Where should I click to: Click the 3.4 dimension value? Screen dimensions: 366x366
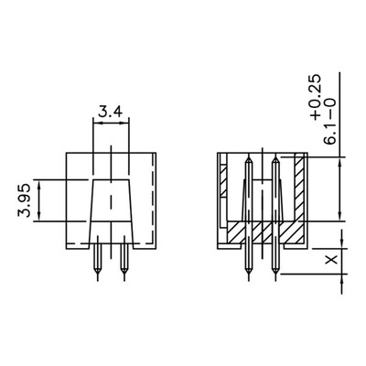(111, 113)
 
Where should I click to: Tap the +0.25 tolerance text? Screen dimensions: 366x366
(316, 99)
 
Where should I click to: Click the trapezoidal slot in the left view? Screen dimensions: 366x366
(111, 210)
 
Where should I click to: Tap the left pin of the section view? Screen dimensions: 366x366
(247, 220)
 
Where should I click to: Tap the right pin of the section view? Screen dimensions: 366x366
(274, 220)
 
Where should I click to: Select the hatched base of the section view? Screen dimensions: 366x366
(261, 232)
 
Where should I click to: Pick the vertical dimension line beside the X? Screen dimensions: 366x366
(343, 261)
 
